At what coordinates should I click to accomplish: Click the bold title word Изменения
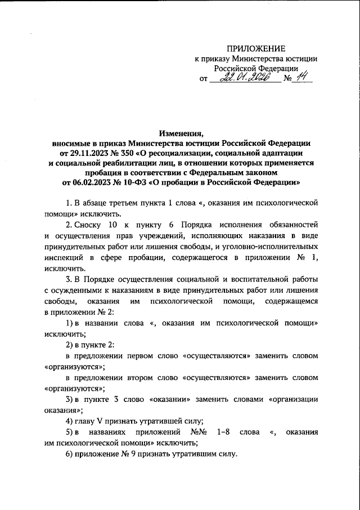pyautogui.click(x=180, y=133)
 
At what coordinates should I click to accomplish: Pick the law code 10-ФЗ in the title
pyautogui.click(x=139, y=182)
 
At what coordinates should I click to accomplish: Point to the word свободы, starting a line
pyautogui.click(x=60, y=302)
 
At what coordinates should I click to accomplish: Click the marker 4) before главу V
pyautogui.click(x=70, y=420)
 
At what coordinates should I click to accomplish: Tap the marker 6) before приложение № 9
pyautogui.click(x=70, y=454)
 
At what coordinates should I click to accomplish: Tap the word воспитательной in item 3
pyautogui.click(x=252, y=280)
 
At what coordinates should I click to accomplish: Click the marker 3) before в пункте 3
pyautogui.click(x=70, y=399)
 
